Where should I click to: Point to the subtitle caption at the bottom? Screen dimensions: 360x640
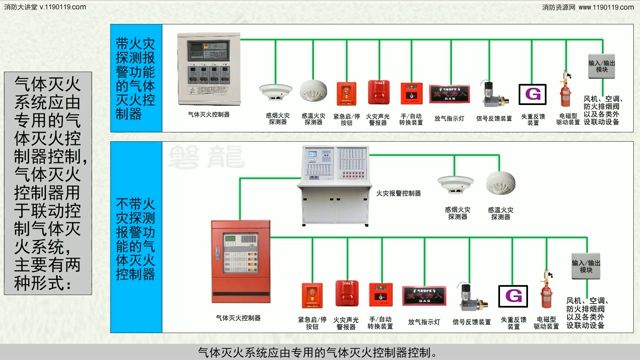click(319, 352)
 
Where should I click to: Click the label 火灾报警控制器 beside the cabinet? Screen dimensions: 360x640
click(400, 193)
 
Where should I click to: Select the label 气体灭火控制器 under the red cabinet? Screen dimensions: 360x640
click(238, 318)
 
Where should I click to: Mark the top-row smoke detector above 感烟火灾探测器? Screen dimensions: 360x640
click(271, 91)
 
